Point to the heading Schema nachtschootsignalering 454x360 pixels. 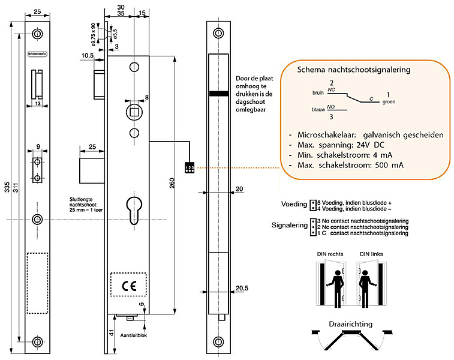pyautogui.click(x=354, y=70)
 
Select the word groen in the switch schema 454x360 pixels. pyautogui.click(x=389, y=102)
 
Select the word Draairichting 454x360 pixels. pyautogui.click(x=350, y=324)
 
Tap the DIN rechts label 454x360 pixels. pyautogui.click(x=330, y=254)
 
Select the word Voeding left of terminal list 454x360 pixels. pyautogui.click(x=294, y=205)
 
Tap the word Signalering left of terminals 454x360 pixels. pyautogui.click(x=288, y=227)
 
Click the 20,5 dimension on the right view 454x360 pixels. pyautogui.click(x=241, y=288)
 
